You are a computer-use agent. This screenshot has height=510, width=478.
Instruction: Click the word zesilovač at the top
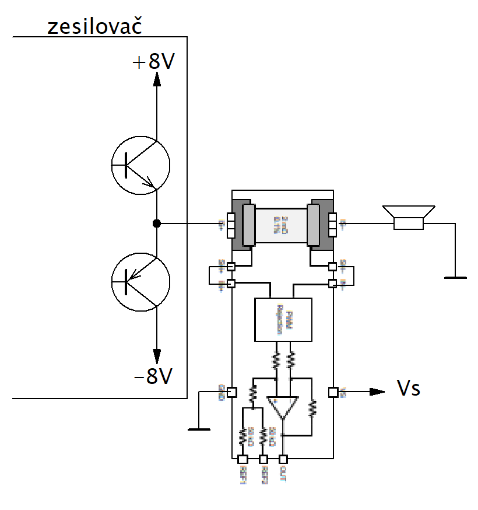coord(95,27)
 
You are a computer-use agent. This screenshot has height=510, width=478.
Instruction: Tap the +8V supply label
coord(153,61)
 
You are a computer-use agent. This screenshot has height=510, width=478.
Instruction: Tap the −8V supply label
coord(153,377)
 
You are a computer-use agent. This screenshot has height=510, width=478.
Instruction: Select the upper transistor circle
coord(140,165)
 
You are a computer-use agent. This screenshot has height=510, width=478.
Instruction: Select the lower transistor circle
coord(140,281)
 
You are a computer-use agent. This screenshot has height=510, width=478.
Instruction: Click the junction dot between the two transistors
coord(156,223)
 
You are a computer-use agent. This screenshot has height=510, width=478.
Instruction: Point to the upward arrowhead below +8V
coord(156,80)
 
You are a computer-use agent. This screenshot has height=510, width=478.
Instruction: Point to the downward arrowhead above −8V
coord(156,355)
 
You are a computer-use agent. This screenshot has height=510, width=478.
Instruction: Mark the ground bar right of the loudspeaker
coord(455,278)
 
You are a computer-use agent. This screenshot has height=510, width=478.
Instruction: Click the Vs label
coord(408,389)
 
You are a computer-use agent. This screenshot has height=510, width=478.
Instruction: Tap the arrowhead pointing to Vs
coord(378,392)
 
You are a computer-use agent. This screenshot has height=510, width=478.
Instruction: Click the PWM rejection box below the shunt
coord(283,319)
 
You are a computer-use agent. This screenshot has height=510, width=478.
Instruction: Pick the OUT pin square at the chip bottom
coord(283,459)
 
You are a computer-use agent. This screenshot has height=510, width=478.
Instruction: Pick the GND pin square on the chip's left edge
coord(231,392)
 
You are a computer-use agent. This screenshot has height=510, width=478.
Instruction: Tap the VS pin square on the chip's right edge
coord(333,392)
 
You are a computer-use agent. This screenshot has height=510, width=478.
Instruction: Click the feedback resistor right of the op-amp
coord(312,407)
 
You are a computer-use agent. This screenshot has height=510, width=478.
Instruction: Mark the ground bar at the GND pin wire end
coord(199,429)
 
